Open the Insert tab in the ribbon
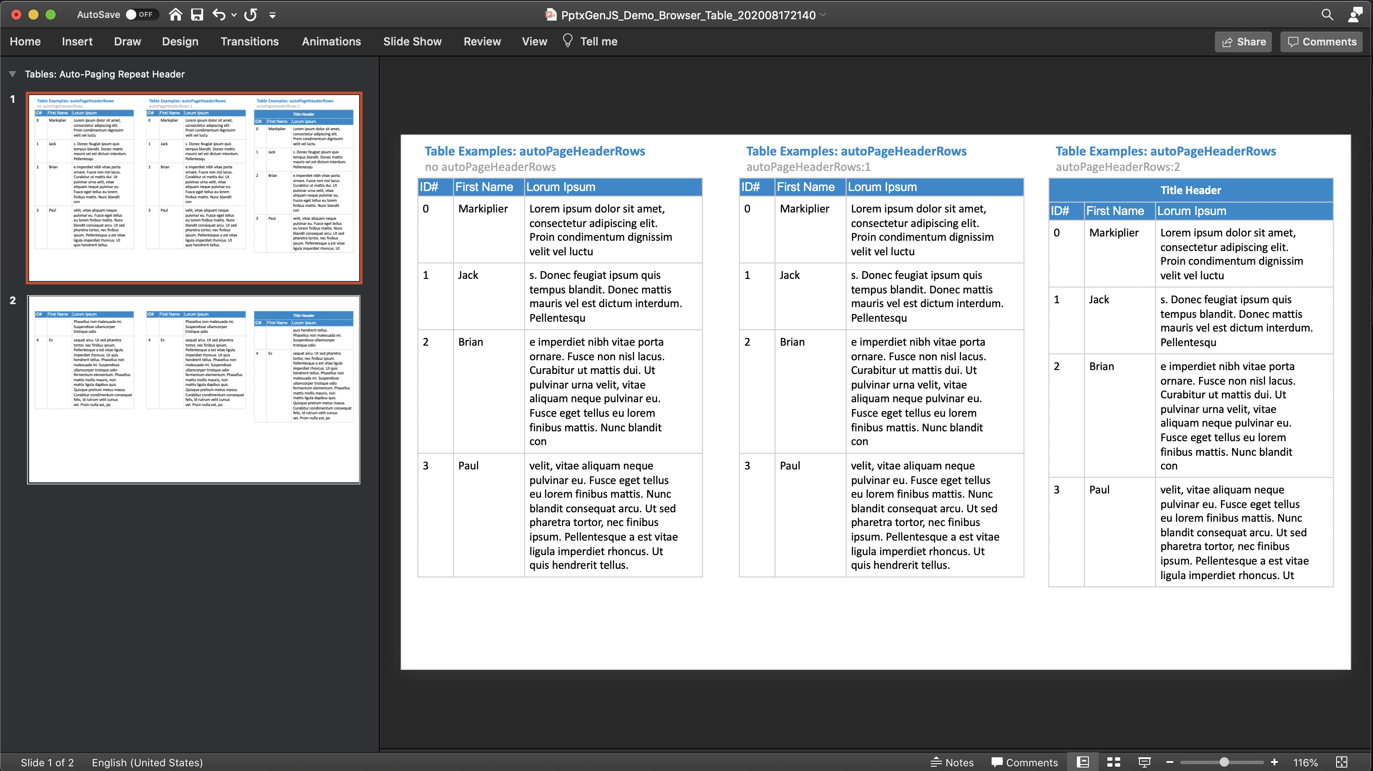point(77,42)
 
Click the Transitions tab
point(249,42)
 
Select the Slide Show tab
point(412,42)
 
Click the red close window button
point(16,15)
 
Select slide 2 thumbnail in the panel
point(193,389)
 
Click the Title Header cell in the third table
point(1190,190)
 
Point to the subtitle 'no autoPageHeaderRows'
point(490,167)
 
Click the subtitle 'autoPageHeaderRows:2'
point(1117,167)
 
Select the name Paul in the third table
point(1099,490)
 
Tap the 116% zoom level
point(1305,762)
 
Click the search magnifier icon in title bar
point(1327,15)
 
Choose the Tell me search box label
point(598,42)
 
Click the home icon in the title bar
point(175,15)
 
